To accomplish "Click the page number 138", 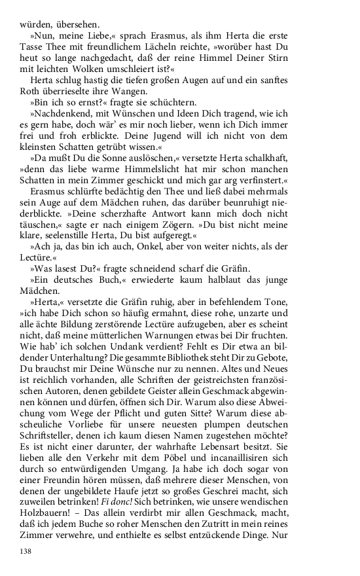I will (x=25, y=551).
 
